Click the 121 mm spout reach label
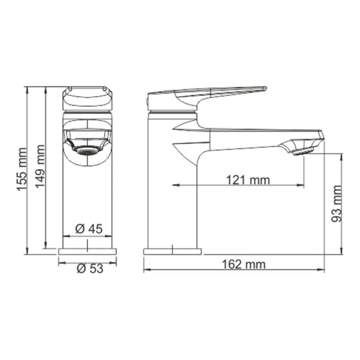pyautogui.click(x=244, y=180)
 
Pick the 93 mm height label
pyautogui.click(x=338, y=204)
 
